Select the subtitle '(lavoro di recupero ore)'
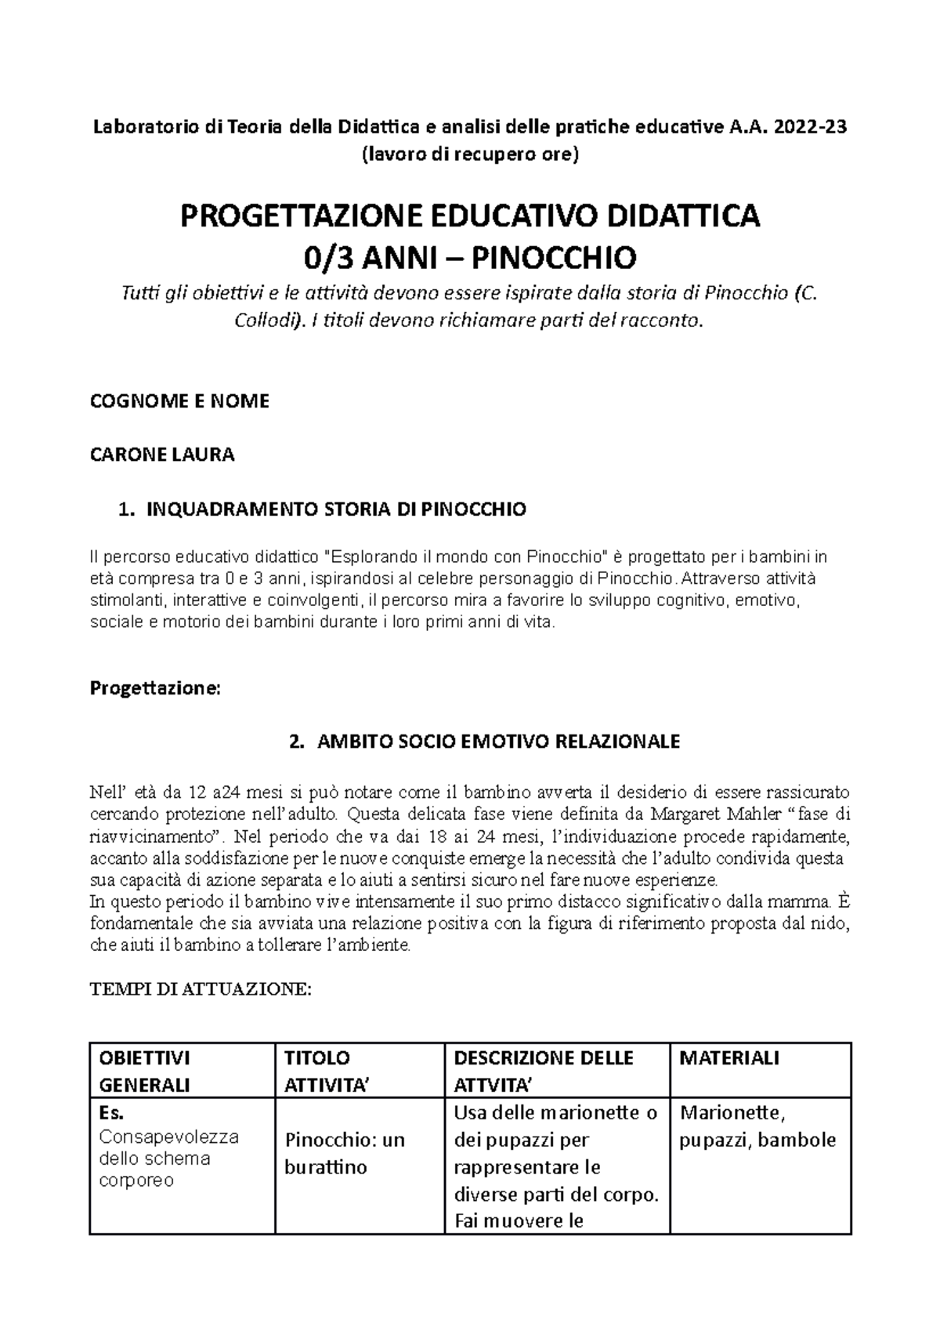469,154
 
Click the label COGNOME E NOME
179,401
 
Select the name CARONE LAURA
162,455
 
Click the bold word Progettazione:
156,688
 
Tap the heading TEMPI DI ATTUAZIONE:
201,989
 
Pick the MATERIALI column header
728,1058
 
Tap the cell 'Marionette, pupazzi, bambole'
757,1126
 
